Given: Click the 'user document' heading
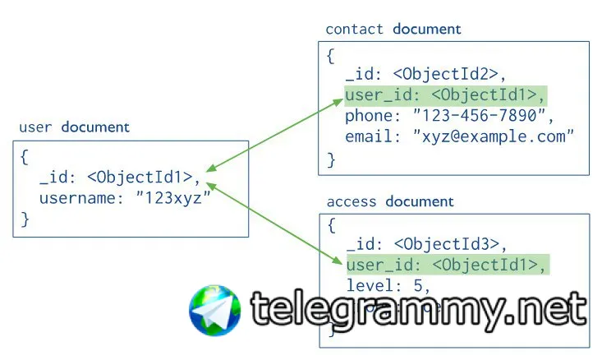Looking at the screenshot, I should pos(74,127).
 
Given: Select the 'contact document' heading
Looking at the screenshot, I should pos(393,30).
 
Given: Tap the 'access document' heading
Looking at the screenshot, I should pos(390,201).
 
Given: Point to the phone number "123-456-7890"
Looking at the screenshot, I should pos(475,116).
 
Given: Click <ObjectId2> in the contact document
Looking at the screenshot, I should pos(460,75).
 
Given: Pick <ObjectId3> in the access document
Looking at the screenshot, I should pos(460,243).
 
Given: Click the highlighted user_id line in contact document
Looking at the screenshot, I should pos(444,95).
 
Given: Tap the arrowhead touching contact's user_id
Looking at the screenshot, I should pos(338,102).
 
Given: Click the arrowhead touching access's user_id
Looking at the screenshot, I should pos(338,261).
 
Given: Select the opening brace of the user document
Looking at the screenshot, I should pos(25,155).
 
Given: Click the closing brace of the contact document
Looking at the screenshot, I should pos(331,159).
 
